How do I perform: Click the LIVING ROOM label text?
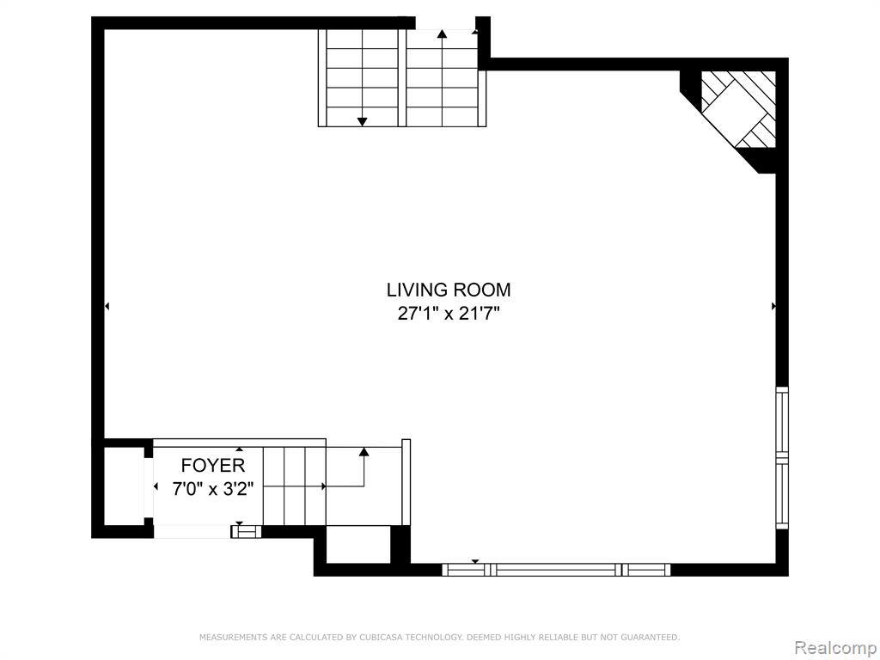coord(449,290)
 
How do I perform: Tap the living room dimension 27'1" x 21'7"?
coord(449,313)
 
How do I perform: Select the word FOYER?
coord(213,465)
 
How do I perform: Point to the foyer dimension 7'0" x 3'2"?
coord(213,489)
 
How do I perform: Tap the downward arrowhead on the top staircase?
coord(362,121)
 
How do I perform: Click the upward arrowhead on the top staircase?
coord(443,34)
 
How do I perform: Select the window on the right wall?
coord(782,457)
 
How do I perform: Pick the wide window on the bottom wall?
coord(556,570)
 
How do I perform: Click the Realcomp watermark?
coord(836,648)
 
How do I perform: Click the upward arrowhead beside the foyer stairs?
coord(364,452)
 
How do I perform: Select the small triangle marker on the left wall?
coord(107,306)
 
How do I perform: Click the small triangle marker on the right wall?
coord(774,306)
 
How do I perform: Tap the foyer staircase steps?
coord(294,486)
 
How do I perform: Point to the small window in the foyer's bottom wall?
coord(247,531)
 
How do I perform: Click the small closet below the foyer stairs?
coord(358,544)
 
